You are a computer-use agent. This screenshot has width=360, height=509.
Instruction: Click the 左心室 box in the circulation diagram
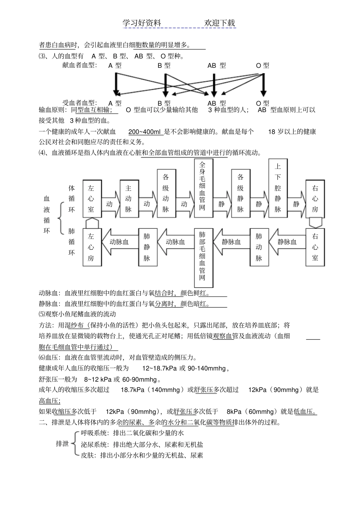[91, 198]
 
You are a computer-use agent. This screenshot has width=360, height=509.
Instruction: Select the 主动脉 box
[128, 198]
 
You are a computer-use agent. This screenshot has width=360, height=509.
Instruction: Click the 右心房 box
[315, 198]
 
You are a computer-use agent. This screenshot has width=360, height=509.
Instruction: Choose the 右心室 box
[315, 247]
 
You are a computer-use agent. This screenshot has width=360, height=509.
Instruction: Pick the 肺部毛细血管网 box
[203, 258]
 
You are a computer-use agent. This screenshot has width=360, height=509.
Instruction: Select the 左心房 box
[91, 247]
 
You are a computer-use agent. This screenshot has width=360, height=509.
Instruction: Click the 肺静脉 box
[147, 247]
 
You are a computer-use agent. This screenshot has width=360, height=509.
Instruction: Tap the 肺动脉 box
[259, 247]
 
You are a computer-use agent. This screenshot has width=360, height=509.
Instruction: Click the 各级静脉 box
[240, 193]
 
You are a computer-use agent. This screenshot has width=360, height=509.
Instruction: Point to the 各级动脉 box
[166, 193]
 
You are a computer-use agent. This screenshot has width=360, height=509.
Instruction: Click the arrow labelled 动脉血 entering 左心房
[118, 242]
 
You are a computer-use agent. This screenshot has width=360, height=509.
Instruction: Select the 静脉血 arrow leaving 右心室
[286, 242]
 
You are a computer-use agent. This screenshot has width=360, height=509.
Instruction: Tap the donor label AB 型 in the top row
[216, 66]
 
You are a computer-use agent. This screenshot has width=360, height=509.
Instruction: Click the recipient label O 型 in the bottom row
[263, 103]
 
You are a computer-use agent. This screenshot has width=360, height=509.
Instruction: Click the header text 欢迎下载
[220, 23]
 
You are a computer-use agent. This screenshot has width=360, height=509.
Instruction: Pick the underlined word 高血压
[50, 401]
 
